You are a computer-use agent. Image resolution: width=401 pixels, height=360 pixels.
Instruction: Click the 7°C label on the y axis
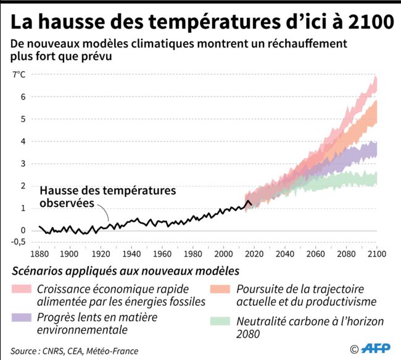(19, 75)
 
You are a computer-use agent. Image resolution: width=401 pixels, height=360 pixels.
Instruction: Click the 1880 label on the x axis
(39, 253)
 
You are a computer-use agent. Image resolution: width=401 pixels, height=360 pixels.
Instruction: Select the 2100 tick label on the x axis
(376, 253)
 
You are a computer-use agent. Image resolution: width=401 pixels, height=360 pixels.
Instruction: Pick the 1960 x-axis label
(162, 253)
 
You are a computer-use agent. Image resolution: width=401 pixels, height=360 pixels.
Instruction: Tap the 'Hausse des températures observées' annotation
(107, 196)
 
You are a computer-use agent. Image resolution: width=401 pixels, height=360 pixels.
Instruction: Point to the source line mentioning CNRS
(74, 351)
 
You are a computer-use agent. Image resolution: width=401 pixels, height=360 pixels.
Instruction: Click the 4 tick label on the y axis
(23, 141)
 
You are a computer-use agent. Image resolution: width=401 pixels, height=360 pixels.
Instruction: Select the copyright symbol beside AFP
(353, 350)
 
